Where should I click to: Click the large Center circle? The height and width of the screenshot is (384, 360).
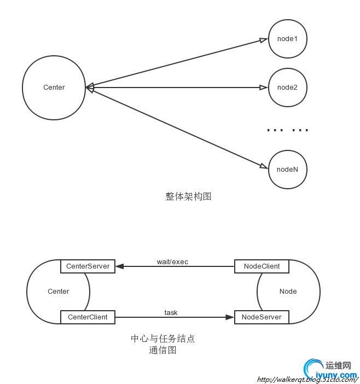pyautogui.click(x=54, y=88)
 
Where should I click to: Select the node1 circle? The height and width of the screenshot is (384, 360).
pyautogui.click(x=287, y=39)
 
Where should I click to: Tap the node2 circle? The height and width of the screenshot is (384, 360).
pyautogui.click(x=287, y=88)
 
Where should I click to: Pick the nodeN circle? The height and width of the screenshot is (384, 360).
pyautogui.click(x=287, y=169)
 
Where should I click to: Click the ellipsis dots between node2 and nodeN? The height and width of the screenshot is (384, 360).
pyautogui.click(x=288, y=130)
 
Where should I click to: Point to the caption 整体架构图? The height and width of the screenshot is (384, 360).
pyautogui.click(x=188, y=196)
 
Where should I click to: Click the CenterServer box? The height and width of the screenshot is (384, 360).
pyautogui.click(x=88, y=266)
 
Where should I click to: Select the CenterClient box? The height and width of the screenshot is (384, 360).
pyautogui.click(x=88, y=317)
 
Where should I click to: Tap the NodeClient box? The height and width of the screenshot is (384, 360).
pyautogui.click(x=261, y=266)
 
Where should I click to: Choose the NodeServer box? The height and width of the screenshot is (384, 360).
pyautogui.click(x=261, y=317)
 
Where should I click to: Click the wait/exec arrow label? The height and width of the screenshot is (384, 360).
pyautogui.click(x=172, y=261)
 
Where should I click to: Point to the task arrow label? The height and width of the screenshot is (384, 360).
pyautogui.click(x=171, y=312)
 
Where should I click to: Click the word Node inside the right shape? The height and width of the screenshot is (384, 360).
pyautogui.click(x=288, y=292)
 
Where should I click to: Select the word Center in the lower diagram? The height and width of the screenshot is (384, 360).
pyautogui.click(x=59, y=292)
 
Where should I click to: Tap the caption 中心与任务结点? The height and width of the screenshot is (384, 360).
pyautogui.click(x=162, y=339)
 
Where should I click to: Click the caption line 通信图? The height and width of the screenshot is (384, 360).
pyautogui.click(x=162, y=351)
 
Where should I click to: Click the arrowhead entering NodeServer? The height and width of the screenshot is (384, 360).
pyautogui.click(x=230, y=317)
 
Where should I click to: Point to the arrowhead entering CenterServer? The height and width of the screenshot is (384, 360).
pyautogui.click(x=120, y=266)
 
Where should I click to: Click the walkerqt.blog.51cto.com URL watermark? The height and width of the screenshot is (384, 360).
pyautogui.click(x=306, y=379)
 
